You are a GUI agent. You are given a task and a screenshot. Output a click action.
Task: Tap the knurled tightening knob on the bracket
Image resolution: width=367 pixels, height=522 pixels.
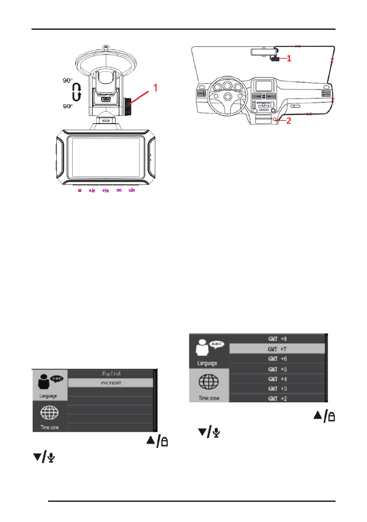tap(127, 106)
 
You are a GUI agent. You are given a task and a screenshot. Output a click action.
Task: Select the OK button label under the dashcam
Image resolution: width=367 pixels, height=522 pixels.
tap(119, 191)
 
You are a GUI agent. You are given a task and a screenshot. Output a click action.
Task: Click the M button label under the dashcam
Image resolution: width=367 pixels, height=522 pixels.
tap(80, 191)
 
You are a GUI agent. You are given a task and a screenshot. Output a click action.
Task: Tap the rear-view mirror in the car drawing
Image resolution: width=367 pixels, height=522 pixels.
tap(261, 51)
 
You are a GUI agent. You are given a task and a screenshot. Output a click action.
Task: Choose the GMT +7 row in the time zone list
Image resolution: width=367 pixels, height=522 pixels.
tap(277, 349)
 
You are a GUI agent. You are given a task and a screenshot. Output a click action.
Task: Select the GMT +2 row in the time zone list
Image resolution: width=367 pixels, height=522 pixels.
tap(277, 398)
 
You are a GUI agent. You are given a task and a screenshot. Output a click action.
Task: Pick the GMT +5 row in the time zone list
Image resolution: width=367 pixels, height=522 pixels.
tap(277, 369)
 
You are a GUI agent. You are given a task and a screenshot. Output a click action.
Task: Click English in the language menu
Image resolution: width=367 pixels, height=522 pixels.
tap(112, 374)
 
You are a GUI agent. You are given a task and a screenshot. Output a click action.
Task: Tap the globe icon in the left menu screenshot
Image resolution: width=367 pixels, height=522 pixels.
tap(50, 413)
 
